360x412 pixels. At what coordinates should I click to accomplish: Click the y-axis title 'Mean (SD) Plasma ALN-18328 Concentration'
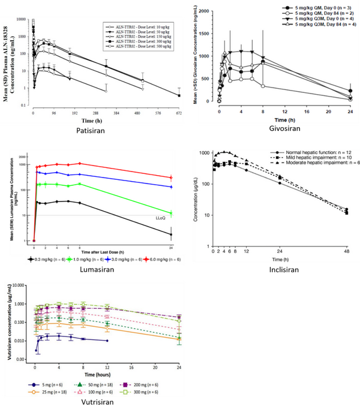[x=14, y=62]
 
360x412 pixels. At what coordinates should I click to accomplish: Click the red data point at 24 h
[x=172, y=177]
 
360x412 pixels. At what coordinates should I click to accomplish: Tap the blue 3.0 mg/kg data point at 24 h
[x=172, y=187]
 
